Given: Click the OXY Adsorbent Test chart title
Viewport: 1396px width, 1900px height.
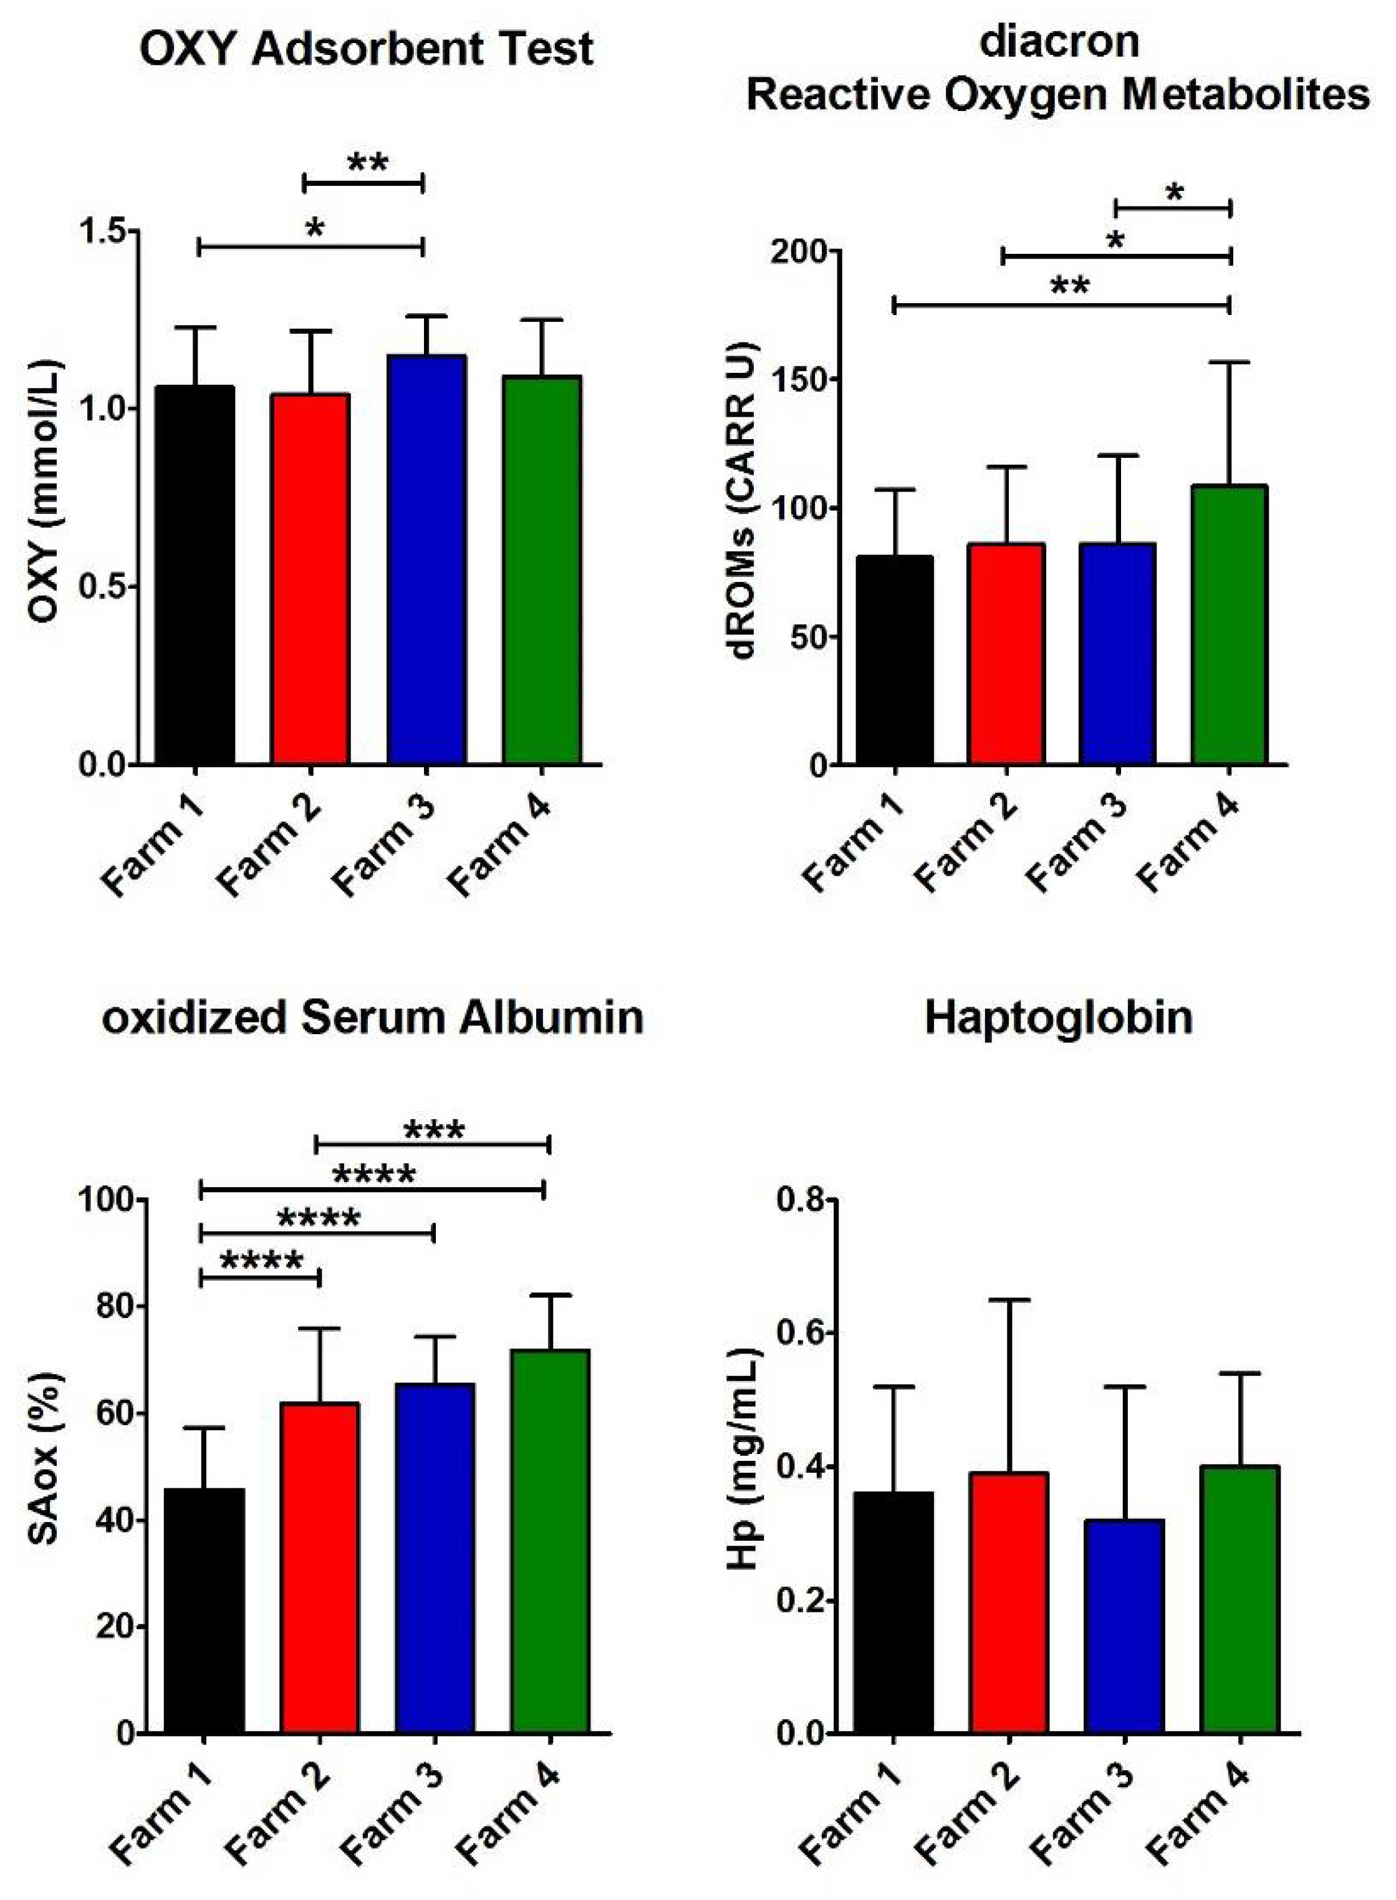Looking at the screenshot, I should pos(366,49).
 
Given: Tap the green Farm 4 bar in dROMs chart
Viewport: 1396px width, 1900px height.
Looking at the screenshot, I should pos(1230,626).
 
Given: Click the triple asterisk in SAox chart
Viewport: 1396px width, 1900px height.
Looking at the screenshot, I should pos(433,1130).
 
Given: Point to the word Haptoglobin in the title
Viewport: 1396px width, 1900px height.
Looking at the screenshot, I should pos(1058,1017).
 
